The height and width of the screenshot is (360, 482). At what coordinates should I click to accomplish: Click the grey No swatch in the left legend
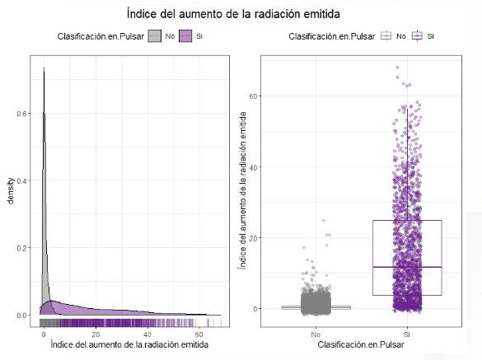click(155, 36)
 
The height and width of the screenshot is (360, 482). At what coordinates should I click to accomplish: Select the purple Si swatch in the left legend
click(186, 36)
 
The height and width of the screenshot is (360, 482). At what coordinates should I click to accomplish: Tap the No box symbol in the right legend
click(386, 36)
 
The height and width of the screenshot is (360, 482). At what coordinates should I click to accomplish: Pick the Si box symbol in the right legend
click(417, 36)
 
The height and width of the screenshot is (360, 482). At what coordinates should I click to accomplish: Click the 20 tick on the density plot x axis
click(95, 334)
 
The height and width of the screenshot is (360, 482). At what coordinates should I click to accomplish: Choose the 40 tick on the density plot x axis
click(147, 334)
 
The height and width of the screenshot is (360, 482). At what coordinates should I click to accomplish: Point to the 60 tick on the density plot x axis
click(199, 334)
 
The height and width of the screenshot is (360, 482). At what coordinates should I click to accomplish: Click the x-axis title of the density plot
click(129, 344)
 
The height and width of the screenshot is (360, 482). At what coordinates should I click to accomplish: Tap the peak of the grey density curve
click(43, 69)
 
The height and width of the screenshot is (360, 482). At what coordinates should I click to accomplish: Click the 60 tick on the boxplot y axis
click(254, 96)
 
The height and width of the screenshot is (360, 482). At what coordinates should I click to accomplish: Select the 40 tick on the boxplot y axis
click(254, 167)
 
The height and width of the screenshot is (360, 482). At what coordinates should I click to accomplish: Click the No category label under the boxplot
click(316, 334)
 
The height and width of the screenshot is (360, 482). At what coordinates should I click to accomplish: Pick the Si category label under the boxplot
click(406, 334)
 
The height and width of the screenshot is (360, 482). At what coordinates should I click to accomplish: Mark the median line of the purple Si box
click(406, 267)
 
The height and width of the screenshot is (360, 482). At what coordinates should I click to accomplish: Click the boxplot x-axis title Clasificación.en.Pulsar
click(362, 344)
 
